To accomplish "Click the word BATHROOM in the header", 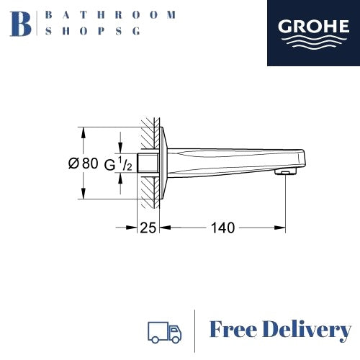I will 109,14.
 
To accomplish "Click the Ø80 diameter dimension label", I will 83,163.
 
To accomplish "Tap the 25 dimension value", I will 148,228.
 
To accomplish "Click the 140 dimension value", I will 223,228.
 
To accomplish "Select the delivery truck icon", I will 163,330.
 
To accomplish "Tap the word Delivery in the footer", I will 310,330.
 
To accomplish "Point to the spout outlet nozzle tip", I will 286,173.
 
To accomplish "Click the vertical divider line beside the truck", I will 196,330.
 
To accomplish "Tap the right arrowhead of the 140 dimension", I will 282,228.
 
